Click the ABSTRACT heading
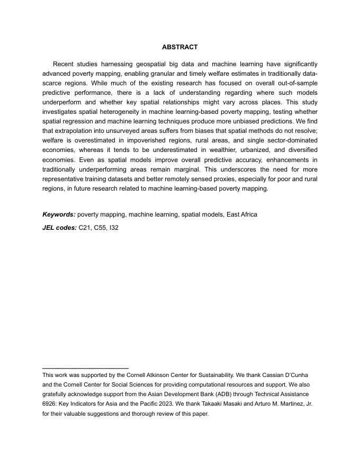tap(179, 47)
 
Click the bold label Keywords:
tap(59, 214)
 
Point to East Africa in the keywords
tap(242, 214)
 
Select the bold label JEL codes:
tap(59, 228)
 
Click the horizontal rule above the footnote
tap(85, 368)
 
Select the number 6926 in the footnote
tap(49, 404)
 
